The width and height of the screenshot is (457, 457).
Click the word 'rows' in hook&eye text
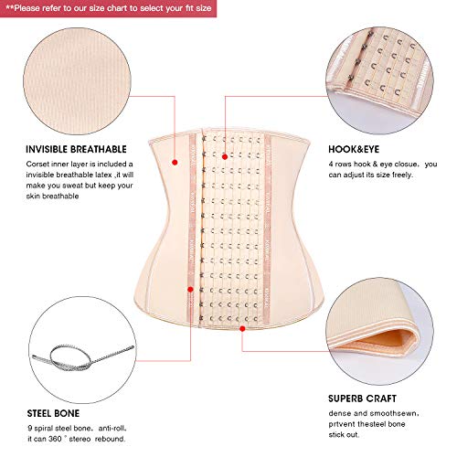356,165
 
